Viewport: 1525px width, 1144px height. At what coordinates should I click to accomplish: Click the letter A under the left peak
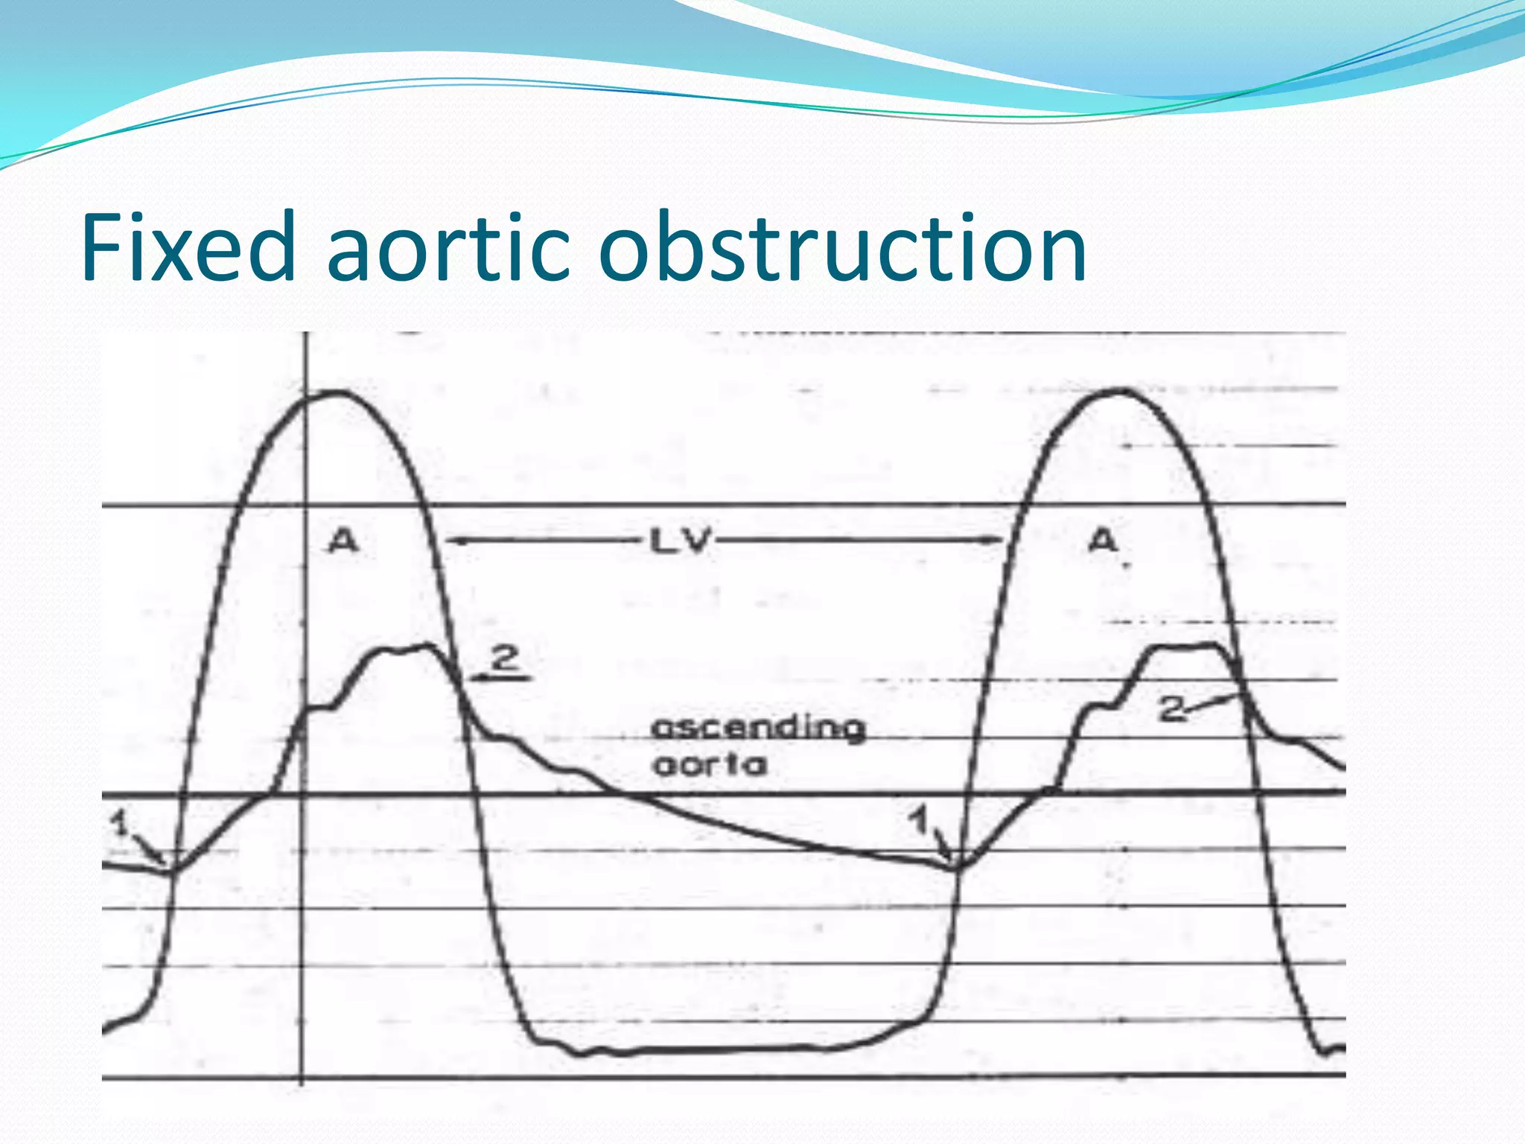[343, 541]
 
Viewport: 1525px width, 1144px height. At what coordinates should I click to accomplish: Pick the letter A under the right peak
[1103, 541]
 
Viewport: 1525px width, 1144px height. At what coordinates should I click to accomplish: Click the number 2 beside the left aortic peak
[506, 658]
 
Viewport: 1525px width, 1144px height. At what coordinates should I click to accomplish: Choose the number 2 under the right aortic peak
[1171, 709]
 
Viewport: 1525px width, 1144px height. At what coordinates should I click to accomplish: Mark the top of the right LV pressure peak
[1121, 390]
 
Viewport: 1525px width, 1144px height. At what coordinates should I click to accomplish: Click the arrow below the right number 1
[943, 849]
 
